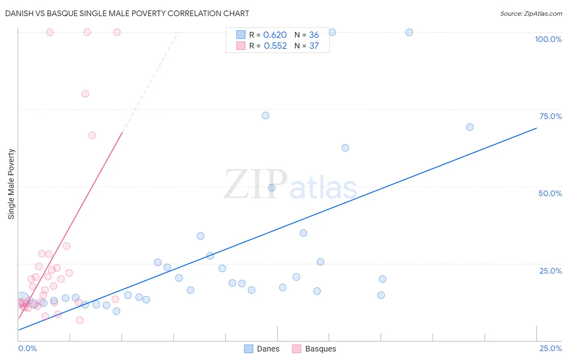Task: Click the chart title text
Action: pos(127,13)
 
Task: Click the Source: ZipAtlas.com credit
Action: pos(531,14)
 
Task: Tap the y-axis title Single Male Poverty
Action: pos(11,184)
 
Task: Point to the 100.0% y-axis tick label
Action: pos(548,39)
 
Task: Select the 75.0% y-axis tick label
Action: pos(550,116)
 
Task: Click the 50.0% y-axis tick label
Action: pos(550,193)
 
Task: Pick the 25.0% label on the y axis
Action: pos(550,271)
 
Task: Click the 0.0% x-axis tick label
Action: pos(27,348)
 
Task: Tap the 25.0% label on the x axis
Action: pos(550,348)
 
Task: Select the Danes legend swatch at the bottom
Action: pos(249,349)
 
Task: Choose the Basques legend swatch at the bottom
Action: pos(297,349)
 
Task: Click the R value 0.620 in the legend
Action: pos(275,35)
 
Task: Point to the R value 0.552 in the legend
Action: pos(275,46)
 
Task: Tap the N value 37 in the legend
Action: pos(314,46)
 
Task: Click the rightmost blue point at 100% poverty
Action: pos(409,32)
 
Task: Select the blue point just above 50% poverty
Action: pos(272,188)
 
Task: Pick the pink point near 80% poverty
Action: pos(85,94)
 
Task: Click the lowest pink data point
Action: pos(80,320)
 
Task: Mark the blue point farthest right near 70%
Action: pos(470,127)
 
